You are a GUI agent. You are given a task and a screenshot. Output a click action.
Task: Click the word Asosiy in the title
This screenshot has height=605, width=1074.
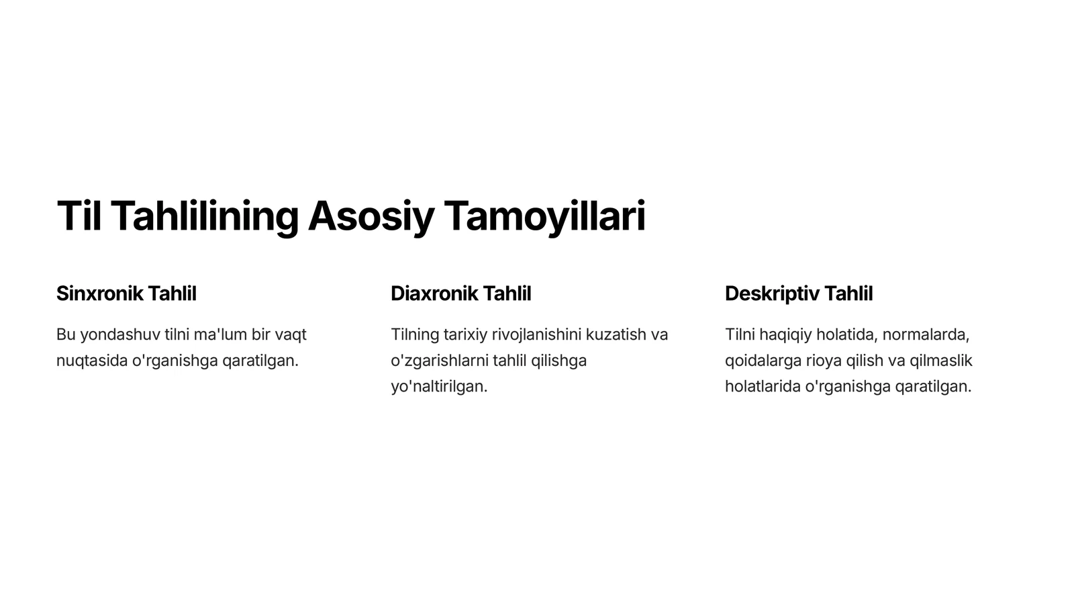[371, 216]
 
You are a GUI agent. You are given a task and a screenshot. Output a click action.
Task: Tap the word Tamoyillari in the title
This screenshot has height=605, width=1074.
[544, 216]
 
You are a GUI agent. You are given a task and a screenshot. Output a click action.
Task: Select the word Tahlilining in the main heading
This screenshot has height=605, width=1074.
[205, 216]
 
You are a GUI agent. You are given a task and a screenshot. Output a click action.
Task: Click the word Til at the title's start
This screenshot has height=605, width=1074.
[79, 216]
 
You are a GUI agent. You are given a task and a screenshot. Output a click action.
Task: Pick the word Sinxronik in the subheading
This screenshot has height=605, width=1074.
[99, 293]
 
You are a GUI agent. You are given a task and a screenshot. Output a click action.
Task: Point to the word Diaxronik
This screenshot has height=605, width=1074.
[434, 293]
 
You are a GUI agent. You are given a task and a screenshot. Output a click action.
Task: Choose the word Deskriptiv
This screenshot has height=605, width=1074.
[771, 293]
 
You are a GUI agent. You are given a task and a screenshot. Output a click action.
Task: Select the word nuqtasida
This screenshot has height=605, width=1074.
[91, 361]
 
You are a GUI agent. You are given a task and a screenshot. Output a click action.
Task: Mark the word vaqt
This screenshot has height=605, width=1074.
[290, 334]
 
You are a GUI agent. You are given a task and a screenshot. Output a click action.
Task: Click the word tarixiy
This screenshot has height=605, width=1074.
[465, 334]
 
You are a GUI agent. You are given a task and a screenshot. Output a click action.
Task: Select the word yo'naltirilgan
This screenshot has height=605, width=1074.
[439, 387]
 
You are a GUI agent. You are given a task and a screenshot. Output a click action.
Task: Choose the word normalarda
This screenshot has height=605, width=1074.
[926, 334]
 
